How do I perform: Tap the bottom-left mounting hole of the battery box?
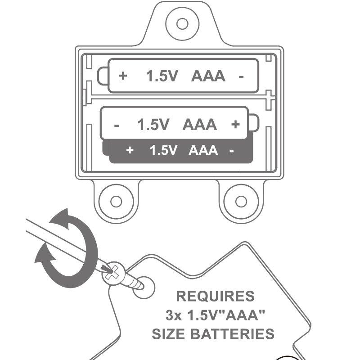point(116,201)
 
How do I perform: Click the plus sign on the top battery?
point(123,76)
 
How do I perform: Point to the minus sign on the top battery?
point(241,76)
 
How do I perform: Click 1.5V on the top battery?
point(162,76)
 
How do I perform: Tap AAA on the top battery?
point(208,76)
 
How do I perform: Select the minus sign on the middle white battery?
point(117,125)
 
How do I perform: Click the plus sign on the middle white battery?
point(235,124)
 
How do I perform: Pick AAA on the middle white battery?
point(199,125)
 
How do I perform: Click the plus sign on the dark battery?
point(130,150)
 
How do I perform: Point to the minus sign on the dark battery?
point(231,151)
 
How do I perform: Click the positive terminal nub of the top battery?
point(103,76)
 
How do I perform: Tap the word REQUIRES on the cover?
point(215,297)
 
